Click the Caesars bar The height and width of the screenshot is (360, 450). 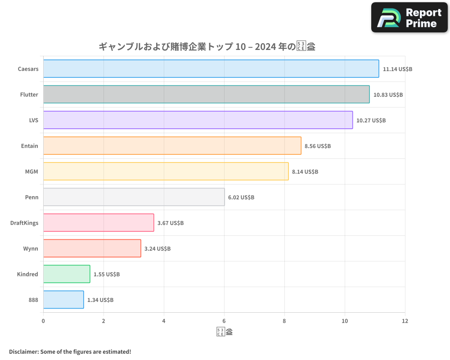click(x=211, y=69)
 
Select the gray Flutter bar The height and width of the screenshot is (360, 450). click(x=206, y=94)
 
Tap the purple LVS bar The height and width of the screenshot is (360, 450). click(x=198, y=120)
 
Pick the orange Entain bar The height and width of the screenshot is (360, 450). click(x=172, y=146)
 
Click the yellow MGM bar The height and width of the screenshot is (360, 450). click(x=166, y=171)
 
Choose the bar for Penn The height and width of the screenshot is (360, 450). click(x=134, y=197)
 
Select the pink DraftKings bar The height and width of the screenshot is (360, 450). click(x=99, y=223)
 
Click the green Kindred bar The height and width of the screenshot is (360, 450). click(x=67, y=274)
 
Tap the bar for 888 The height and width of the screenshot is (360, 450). click(x=63, y=300)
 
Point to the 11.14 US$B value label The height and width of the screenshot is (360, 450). click(x=397, y=69)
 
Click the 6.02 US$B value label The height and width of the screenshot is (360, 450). click(x=241, y=198)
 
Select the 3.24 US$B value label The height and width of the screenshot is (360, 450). click(x=157, y=249)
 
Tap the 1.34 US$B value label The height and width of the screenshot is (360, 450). click(x=100, y=300)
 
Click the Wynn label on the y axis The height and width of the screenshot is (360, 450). click(x=31, y=249)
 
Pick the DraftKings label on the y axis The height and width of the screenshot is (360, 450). click(x=24, y=223)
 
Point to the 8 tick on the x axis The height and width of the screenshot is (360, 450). click(x=284, y=321)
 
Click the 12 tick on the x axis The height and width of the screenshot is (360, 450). click(x=405, y=321)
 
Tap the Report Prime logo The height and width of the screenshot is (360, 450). click(x=409, y=18)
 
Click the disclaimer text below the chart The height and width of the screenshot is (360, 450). click(x=70, y=351)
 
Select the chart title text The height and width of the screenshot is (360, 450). click(x=207, y=46)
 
